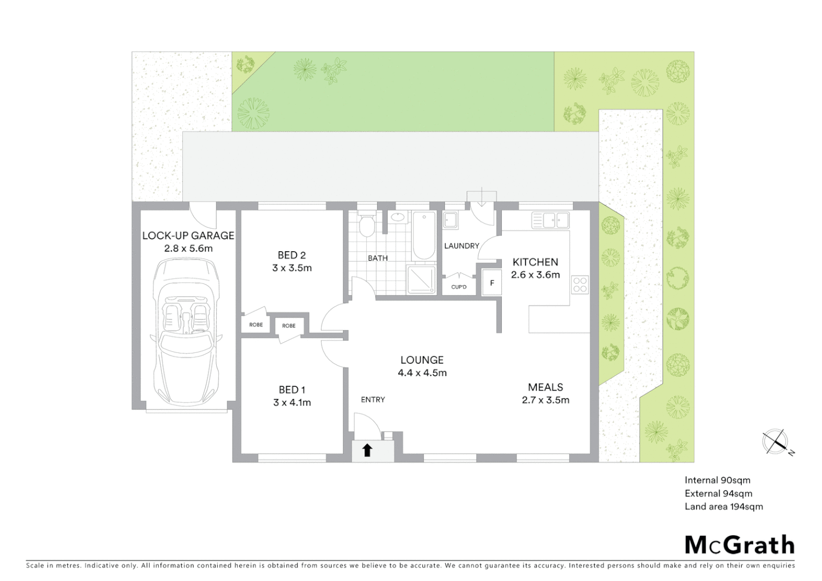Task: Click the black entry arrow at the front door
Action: point(367,450)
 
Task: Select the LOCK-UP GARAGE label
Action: point(188,236)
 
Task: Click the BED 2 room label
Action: point(292,255)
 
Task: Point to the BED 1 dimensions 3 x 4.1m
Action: point(292,402)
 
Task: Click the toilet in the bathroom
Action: point(367,226)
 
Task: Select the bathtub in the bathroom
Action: point(424,236)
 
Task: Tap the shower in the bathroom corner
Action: point(421,280)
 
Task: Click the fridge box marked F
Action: point(492,283)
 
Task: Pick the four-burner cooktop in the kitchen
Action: point(580,284)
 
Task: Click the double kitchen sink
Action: point(550,220)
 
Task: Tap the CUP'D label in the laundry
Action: point(459,287)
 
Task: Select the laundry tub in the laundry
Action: point(451,221)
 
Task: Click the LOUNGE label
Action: point(422,360)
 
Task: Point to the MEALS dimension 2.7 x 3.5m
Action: point(545,400)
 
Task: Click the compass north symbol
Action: point(775,442)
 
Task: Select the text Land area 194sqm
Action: point(724,506)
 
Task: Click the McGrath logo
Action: point(739,545)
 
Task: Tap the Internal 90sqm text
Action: point(717,480)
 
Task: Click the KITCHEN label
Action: point(535,262)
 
